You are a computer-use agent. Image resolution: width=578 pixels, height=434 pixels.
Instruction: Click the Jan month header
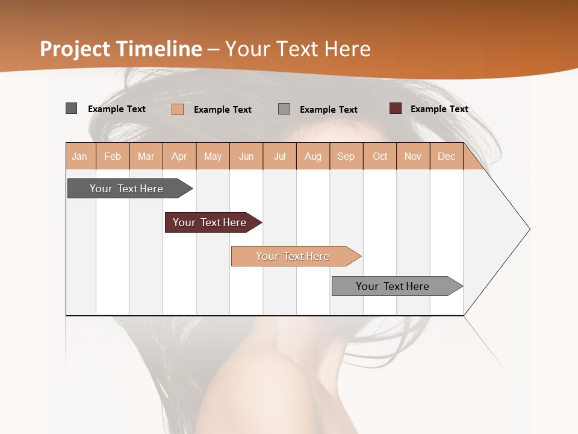80,157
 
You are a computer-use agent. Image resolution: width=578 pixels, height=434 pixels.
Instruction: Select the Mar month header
146,157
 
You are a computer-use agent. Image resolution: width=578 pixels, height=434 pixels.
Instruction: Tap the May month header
213,157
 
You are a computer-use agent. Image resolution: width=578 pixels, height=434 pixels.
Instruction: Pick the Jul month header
279,157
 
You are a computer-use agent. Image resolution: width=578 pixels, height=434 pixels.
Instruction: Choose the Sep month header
346,157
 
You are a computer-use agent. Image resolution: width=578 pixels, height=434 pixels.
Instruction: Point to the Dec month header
446,157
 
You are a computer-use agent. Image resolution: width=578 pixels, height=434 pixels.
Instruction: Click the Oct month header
380,157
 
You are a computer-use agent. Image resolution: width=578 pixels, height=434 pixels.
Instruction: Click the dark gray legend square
72,108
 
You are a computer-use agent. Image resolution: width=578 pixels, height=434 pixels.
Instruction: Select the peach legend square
178,109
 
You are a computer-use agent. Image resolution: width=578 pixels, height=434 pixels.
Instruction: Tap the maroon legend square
396,108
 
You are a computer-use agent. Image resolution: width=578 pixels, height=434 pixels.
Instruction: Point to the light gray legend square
284,109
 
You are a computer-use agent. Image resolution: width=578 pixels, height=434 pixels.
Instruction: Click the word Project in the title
75,49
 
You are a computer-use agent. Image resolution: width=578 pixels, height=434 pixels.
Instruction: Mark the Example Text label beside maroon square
439,109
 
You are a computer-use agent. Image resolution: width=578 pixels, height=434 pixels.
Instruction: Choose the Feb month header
113,157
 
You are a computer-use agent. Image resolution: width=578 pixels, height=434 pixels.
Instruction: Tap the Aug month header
313,157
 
